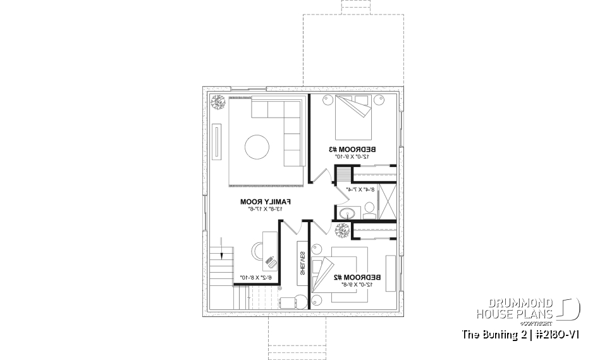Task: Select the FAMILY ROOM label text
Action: pos(261,201)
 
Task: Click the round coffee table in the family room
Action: pos(257,147)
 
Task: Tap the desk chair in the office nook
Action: pos(271,261)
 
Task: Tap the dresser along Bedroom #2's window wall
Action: pos(389,273)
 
